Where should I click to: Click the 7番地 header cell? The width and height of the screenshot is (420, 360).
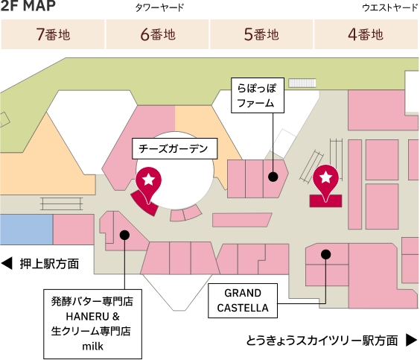53,34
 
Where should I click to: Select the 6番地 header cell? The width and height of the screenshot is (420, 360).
157,34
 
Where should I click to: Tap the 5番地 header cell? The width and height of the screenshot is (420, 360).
261,34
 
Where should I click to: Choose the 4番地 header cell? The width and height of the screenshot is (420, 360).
366,34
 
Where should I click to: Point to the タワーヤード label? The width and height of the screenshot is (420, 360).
159,8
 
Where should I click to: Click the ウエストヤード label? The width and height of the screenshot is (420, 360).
389,8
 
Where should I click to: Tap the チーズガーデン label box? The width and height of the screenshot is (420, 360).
173,148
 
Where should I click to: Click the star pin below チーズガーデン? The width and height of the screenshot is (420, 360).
148,181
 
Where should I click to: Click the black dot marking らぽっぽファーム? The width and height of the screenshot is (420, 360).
273,177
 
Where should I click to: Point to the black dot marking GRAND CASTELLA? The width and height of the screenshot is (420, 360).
325,254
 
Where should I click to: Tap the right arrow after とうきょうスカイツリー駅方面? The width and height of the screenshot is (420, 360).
410,341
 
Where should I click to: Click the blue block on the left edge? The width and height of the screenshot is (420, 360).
26,229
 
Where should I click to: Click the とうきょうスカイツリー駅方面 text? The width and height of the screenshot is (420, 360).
322,341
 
